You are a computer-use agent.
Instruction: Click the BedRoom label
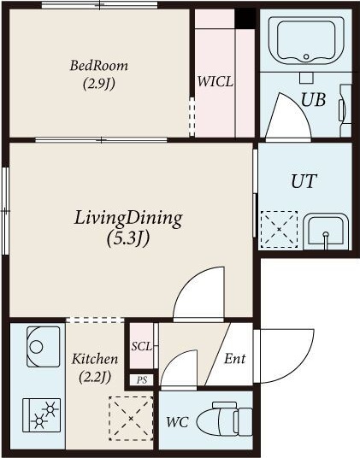coord(99,66)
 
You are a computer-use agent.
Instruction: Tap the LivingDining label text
coord(128,219)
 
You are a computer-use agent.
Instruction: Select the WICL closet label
coord(215,81)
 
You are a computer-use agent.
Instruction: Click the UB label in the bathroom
coord(313,100)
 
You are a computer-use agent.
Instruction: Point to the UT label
coord(304,181)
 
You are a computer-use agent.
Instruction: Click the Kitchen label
coord(95,359)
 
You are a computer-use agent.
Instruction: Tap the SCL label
coord(141,346)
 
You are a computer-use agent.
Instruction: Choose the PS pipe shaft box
coord(142,380)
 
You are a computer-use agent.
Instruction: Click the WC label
coord(177,422)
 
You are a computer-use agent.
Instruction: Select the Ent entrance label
coord(234,358)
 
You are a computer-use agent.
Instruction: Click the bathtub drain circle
coord(306,56)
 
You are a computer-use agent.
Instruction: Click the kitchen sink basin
coord(44,346)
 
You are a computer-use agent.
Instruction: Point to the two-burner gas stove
coord(42,415)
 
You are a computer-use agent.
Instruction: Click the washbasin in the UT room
coord(326,232)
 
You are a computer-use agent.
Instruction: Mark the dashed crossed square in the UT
coord(279,230)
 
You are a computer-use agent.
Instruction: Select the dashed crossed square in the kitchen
coord(131,419)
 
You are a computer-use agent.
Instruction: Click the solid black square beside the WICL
coord(245,18)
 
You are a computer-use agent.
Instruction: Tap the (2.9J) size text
coord(99,84)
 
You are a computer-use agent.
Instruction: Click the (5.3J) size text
coord(128,238)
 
